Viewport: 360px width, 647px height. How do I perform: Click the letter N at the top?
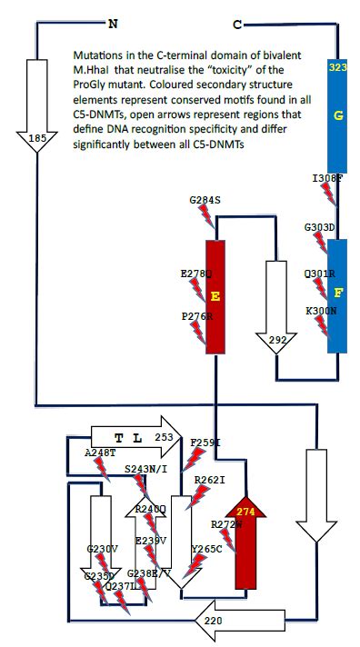coord(114,22)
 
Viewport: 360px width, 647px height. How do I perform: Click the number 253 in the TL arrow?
coord(164,437)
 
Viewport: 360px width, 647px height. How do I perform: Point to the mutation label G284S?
coord(206,199)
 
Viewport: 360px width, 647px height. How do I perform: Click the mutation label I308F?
coord(326,180)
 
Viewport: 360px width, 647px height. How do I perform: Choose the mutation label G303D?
coord(320,226)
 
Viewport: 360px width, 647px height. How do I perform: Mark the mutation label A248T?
coord(101,452)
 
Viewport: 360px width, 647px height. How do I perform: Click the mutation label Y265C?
coord(208,549)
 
